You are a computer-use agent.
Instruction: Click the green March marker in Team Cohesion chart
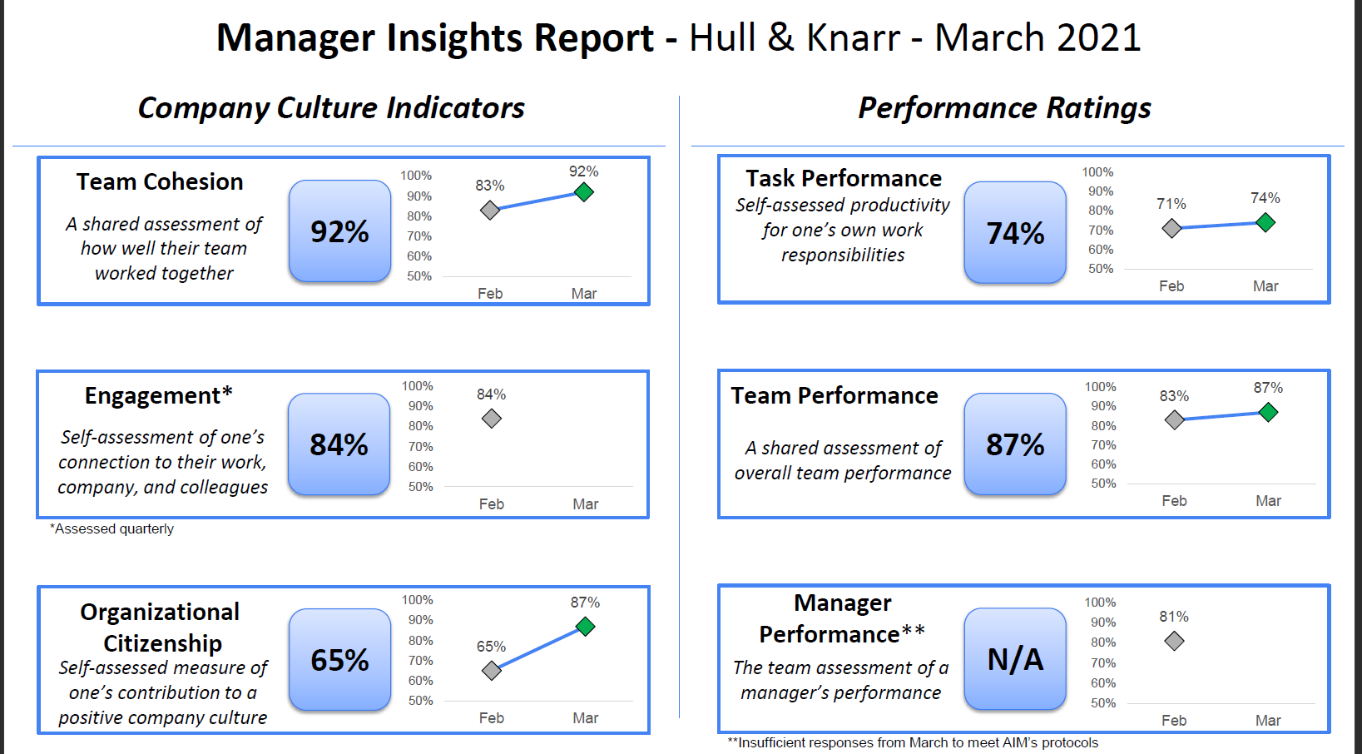584,192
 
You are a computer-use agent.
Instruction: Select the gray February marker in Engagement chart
491,419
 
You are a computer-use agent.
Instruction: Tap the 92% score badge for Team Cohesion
339,231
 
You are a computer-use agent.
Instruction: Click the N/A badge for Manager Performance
1015,659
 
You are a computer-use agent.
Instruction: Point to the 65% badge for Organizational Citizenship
339,660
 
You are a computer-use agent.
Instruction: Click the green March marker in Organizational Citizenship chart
585,627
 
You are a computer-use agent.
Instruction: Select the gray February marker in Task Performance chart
1171,229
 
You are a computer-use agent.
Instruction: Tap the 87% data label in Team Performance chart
1268,388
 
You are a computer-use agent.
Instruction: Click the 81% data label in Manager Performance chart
1173,617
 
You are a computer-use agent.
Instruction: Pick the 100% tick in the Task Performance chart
1097,172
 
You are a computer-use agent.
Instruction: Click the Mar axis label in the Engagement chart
586,504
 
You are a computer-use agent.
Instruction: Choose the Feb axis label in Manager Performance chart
1173,721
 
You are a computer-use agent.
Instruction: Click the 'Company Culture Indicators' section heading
331,108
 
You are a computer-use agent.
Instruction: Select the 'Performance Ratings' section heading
1004,108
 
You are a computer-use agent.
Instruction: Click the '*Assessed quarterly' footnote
111,529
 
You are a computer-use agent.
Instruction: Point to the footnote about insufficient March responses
913,743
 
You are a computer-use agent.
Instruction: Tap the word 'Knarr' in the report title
853,37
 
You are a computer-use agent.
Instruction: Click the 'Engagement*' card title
159,396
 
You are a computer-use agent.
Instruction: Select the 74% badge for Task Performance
1015,232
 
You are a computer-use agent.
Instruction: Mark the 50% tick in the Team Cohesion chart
419,276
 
